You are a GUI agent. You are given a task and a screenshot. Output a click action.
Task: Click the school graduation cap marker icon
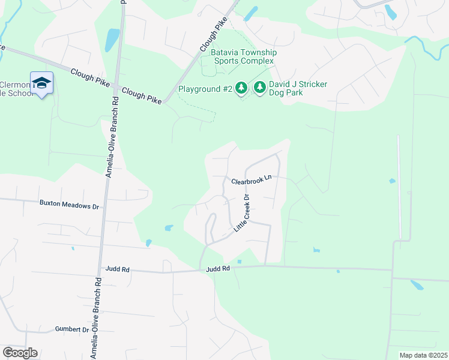(41, 83)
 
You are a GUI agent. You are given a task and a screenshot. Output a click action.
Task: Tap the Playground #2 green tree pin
(241, 88)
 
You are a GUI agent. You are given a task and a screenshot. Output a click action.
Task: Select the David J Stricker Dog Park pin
(260, 88)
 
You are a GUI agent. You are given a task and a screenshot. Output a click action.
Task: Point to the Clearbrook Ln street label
(252, 181)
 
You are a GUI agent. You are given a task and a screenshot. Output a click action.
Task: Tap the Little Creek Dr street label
(241, 214)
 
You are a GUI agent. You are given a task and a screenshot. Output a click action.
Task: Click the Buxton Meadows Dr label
(68, 205)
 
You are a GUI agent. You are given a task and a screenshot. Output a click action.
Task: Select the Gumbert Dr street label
(72, 329)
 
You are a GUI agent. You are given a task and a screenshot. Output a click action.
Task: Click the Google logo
(20, 353)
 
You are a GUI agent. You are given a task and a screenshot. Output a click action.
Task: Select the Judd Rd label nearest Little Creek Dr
(218, 269)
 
